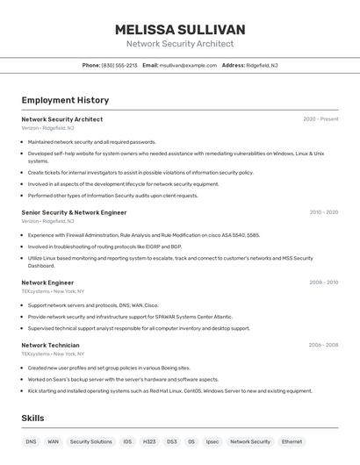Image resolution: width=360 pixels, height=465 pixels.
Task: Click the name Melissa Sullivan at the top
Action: point(180,30)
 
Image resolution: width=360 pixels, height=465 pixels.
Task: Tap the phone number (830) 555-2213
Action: point(119,65)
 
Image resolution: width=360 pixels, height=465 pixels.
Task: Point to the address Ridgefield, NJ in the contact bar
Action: point(262,65)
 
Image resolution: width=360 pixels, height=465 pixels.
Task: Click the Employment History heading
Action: point(65,101)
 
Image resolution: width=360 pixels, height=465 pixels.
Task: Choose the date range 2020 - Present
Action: point(320,119)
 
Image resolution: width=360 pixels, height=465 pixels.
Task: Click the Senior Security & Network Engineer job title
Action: point(74,212)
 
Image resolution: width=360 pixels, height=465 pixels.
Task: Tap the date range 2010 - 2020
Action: point(323,212)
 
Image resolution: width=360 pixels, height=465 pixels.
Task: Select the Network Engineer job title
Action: point(47,283)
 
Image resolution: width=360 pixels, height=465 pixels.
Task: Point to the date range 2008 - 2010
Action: point(323,283)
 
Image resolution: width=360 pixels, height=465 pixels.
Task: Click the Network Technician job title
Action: point(50,345)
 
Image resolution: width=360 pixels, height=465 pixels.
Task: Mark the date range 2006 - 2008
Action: point(323,345)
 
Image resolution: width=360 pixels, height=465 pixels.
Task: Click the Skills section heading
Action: point(32,418)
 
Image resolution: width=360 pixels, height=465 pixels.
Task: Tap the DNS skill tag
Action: point(31,442)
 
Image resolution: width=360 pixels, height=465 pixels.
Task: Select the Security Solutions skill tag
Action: point(91,442)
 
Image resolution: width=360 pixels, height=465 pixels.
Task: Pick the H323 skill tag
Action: point(149,442)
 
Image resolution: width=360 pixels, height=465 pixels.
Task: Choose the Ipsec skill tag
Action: point(212,442)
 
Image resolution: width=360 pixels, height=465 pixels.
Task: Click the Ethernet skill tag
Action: point(292,442)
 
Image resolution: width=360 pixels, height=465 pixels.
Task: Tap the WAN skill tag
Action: point(54,442)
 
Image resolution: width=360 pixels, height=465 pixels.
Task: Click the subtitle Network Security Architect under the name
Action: point(180,44)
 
